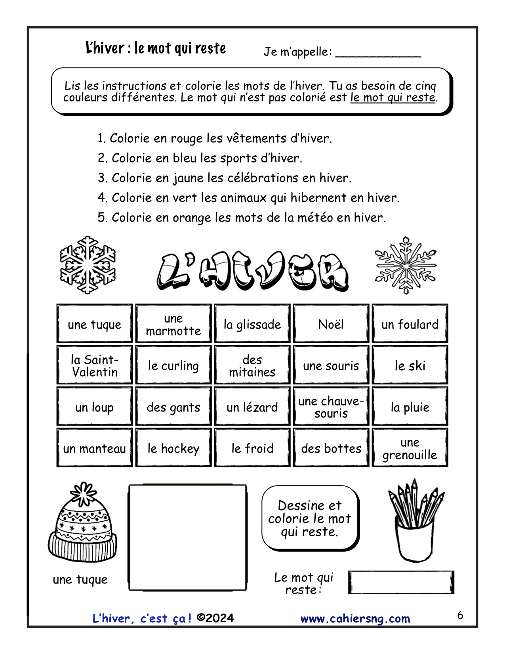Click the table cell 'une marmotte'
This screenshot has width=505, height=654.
click(x=173, y=324)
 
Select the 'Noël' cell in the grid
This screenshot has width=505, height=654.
click(x=331, y=324)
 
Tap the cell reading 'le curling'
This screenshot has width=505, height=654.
click(x=173, y=365)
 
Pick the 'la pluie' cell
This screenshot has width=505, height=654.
click(x=410, y=407)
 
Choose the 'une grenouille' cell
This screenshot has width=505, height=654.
click(x=410, y=448)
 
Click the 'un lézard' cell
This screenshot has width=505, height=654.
click(x=252, y=407)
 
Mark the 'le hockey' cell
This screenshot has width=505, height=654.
click(x=173, y=448)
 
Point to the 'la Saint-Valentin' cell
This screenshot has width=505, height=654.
click(x=95, y=365)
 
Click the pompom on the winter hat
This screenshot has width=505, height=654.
click(x=83, y=493)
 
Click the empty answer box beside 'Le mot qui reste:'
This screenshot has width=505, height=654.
click(x=401, y=582)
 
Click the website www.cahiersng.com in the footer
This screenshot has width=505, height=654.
click(x=355, y=619)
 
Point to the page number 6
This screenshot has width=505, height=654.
click(x=460, y=615)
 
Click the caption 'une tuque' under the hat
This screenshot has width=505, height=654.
click(x=80, y=579)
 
